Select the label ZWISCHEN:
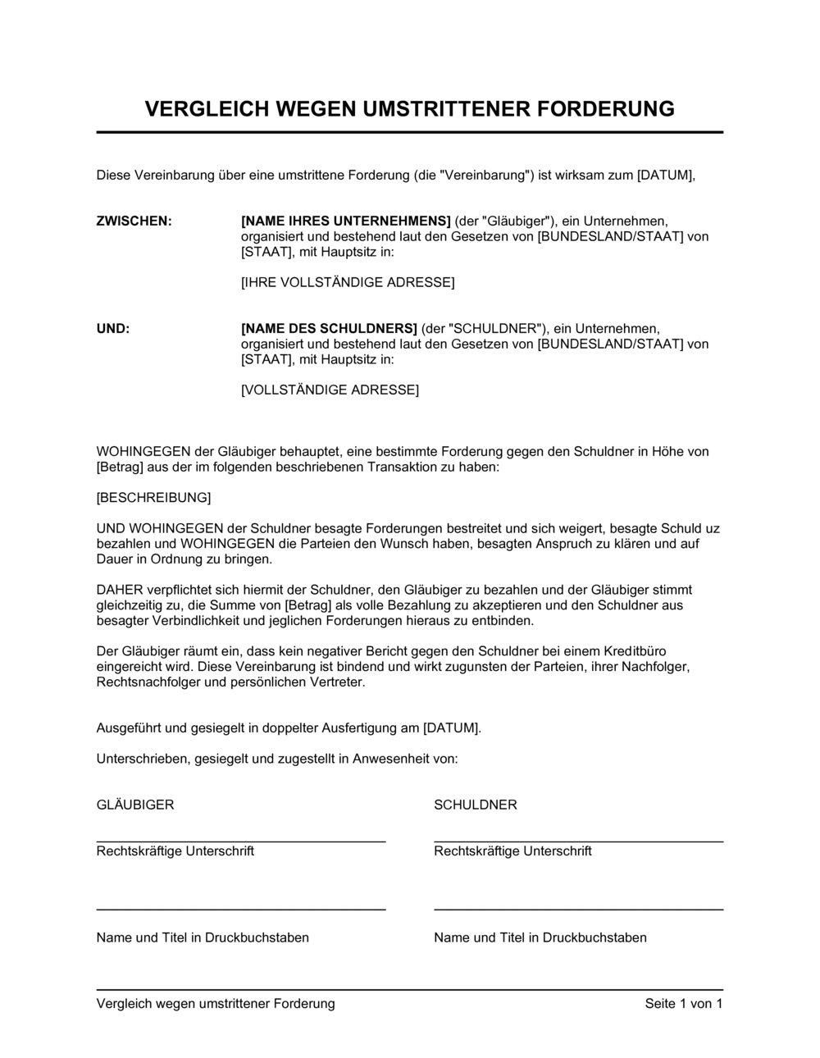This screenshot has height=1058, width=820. (134, 221)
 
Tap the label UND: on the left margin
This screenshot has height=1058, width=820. (113, 328)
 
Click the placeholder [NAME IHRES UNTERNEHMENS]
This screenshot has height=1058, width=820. (346, 221)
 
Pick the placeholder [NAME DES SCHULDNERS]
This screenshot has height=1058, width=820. (329, 328)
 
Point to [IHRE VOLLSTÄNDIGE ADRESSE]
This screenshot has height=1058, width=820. (348, 283)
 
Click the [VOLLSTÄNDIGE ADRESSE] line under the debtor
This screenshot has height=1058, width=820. (330, 390)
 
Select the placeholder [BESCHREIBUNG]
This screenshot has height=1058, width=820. (153, 498)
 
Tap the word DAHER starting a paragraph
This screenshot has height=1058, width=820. (120, 590)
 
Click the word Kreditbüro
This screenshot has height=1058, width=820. (657, 651)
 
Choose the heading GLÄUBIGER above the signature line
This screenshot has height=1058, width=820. (135, 805)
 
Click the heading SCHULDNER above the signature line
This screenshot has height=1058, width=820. (476, 805)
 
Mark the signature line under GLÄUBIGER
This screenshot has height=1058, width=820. (241, 841)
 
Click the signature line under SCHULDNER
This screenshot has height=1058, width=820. (578, 841)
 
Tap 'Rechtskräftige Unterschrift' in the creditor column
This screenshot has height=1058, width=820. (175, 851)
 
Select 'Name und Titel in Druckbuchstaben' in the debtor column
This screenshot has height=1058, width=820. (540, 937)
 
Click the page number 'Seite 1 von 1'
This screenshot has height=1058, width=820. (684, 1004)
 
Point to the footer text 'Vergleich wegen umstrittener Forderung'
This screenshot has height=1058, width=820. (216, 1004)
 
